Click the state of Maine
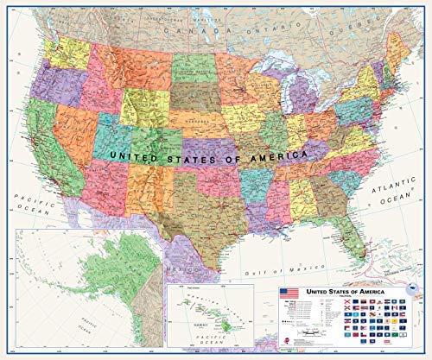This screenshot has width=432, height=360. point(398,60)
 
